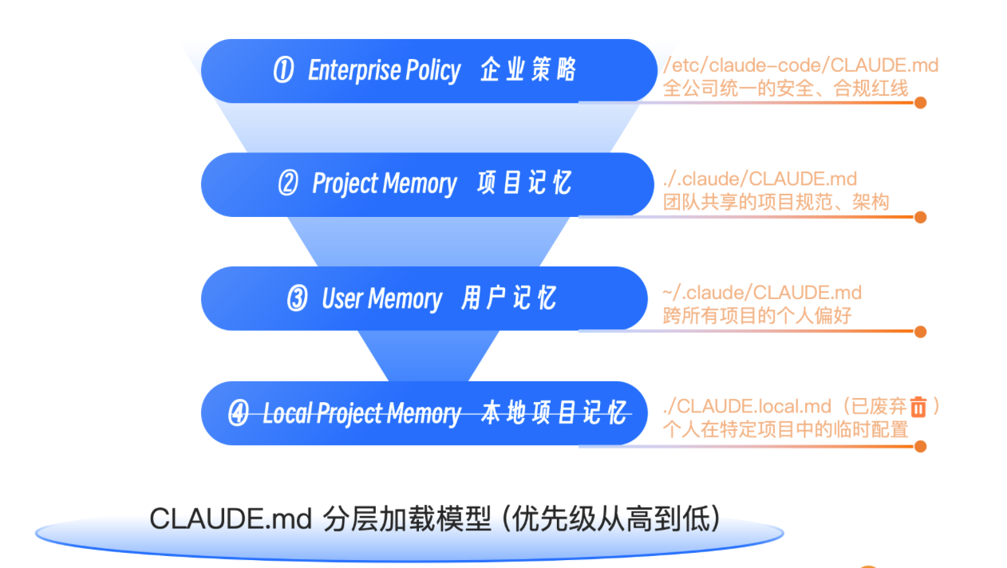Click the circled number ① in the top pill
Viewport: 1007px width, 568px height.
click(x=283, y=71)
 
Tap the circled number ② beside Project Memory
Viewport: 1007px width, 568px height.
click(x=288, y=184)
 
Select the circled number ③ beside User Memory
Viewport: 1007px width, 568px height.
click(x=297, y=299)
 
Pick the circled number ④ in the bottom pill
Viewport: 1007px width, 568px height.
click(x=239, y=414)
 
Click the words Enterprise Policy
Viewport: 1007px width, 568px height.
click(x=384, y=71)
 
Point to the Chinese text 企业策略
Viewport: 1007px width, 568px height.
click(x=527, y=71)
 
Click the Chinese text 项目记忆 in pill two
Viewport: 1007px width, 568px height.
click(x=524, y=184)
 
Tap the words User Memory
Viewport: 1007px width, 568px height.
click(x=381, y=299)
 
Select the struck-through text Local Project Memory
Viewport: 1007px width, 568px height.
click(x=361, y=414)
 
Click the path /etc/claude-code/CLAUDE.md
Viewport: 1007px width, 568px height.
click(x=800, y=65)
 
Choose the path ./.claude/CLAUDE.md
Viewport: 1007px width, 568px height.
click(x=760, y=179)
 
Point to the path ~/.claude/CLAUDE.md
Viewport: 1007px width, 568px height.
click(x=762, y=294)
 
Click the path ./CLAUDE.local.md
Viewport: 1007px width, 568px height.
click(x=736, y=407)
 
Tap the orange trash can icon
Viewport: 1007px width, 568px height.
click(x=918, y=407)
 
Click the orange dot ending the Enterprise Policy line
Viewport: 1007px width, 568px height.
click(x=920, y=103)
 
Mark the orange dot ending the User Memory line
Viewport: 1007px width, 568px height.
click(x=920, y=332)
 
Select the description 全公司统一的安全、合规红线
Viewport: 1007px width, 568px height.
click(x=785, y=88)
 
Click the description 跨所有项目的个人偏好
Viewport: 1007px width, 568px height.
click(x=757, y=316)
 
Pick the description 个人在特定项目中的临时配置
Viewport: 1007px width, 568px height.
click(x=785, y=430)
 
